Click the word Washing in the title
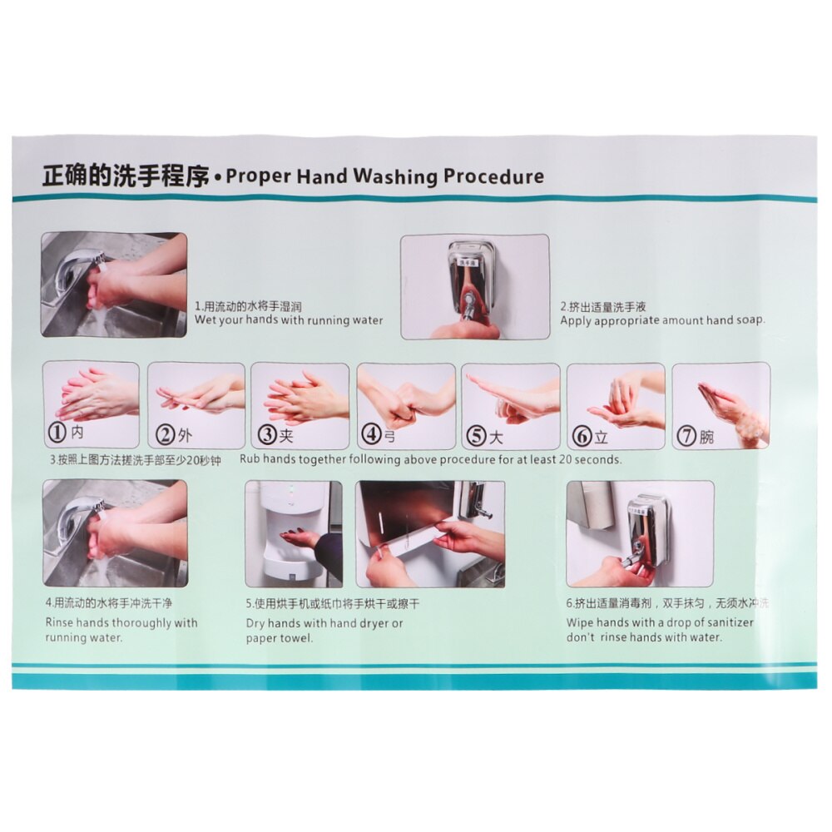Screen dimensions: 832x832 point(395,176)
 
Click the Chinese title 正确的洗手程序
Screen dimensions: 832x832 point(125,177)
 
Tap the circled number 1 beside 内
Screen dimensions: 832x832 point(57,433)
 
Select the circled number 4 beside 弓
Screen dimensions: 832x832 point(370,434)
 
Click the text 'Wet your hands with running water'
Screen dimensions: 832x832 point(289,320)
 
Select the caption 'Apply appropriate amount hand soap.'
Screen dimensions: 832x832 point(662,320)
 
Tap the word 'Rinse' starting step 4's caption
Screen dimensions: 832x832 point(60,622)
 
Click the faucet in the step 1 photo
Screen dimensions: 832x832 point(75,266)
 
